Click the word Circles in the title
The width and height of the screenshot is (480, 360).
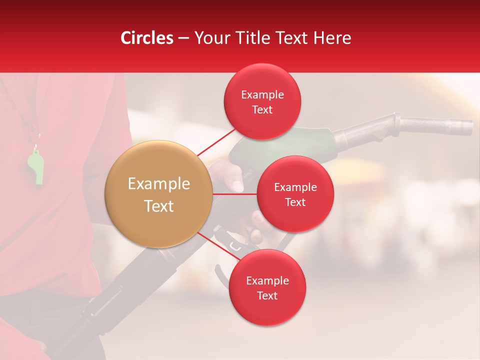click(147, 38)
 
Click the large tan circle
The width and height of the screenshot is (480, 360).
click(159, 194)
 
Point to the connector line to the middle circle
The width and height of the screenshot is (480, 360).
click(235, 194)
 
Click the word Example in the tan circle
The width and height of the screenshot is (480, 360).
click(159, 184)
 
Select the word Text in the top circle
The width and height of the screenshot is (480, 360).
click(262, 110)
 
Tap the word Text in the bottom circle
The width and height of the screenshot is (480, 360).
click(267, 296)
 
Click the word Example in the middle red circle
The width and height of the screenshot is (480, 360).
click(295, 187)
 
